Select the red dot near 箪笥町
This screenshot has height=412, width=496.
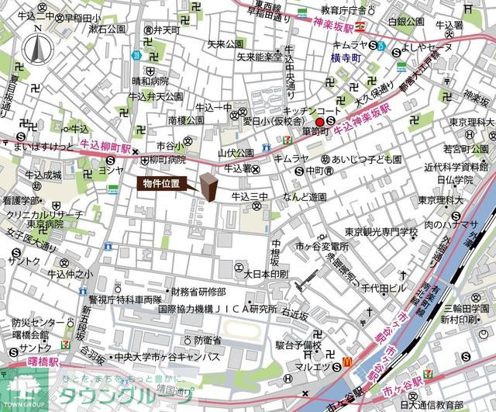tap(319, 122)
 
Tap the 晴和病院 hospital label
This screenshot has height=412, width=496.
tap(150, 80)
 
